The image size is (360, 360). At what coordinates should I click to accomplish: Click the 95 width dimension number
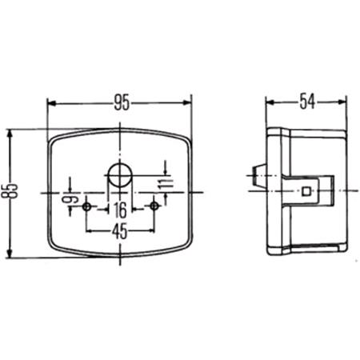122,102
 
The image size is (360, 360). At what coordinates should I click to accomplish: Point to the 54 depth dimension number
307,101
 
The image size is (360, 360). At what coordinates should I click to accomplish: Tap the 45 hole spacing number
120,231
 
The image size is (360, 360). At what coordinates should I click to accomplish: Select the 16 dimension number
120,210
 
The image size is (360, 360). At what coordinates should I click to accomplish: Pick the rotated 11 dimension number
166,184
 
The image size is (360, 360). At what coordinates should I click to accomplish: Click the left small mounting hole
86,206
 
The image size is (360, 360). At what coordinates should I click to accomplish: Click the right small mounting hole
154,206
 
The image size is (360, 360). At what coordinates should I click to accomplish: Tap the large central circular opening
120,174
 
